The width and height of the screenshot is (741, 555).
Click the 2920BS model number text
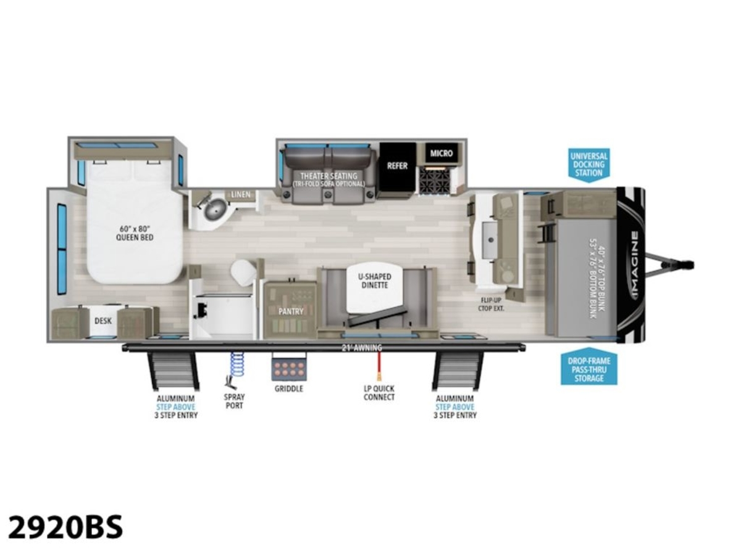(65, 527)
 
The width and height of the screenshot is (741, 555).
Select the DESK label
(103, 321)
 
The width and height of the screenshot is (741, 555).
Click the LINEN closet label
(241, 195)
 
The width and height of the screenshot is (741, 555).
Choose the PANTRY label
(290, 311)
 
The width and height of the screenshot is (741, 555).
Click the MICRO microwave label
(442, 153)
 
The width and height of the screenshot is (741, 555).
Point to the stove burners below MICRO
(436, 179)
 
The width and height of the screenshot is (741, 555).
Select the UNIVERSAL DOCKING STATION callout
(588, 164)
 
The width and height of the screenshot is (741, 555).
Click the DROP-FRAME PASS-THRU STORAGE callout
(588, 368)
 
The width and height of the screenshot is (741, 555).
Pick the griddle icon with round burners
(288, 369)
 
